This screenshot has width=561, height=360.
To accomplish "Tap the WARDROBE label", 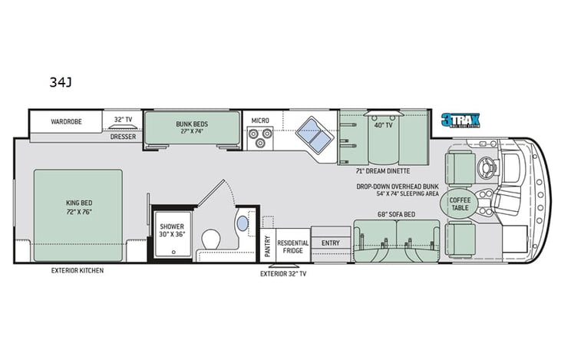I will [x=67, y=121].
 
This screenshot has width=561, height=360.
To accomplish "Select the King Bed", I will [x=78, y=208].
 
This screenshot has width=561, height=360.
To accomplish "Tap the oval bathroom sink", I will [x=243, y=223].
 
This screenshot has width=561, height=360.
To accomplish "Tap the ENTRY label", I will [x=331, y=243].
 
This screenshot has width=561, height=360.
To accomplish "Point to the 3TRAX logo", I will [x=459, y=120].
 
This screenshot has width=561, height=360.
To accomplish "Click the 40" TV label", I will [x=383, y=125].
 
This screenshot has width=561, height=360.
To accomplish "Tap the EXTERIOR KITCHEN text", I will [x=78, y=271].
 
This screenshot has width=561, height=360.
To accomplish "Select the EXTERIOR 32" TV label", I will [x=283, y=273].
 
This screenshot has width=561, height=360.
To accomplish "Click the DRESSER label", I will [x=122, y=137].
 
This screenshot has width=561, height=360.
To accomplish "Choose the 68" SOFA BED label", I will [x=396, y=214].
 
